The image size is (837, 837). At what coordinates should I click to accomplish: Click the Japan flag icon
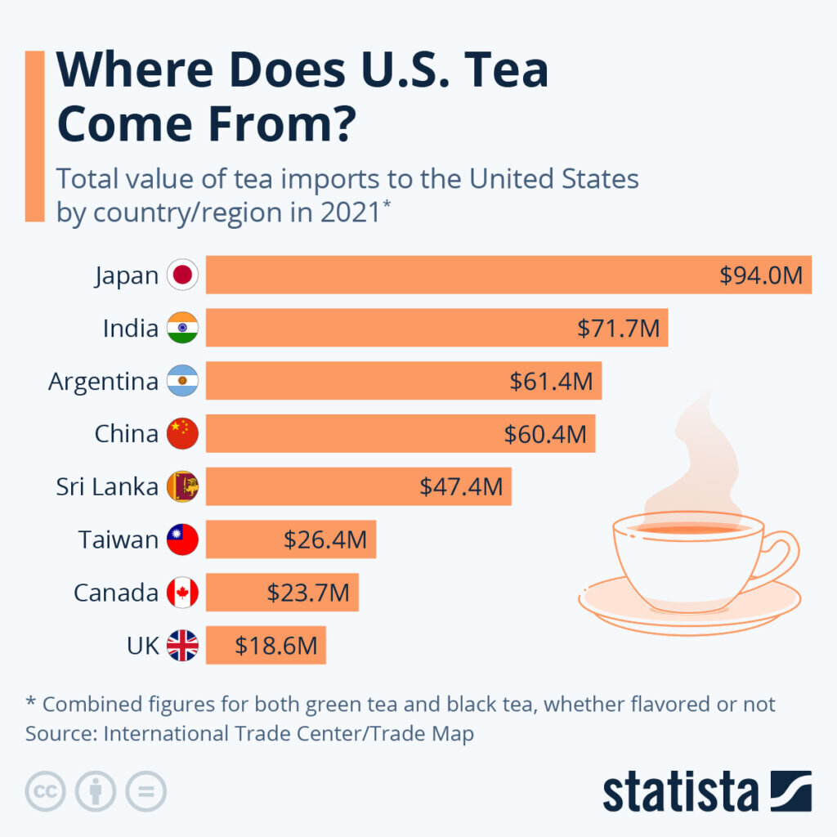pos(182,275)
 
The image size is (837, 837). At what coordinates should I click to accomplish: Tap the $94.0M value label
pos(762,275)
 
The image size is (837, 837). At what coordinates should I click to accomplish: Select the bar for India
pos(436,328)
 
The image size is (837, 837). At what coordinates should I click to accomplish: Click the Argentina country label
pos(103,381)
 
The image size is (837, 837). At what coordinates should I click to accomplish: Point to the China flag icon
pos(182,434)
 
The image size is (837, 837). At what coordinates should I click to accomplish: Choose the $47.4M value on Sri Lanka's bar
pos(461,486)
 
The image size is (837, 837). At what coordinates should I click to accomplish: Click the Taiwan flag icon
pos(182,539)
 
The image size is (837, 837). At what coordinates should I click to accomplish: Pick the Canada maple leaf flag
pos(182,593)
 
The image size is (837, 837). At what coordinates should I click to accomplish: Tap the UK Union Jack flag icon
pos(182,645)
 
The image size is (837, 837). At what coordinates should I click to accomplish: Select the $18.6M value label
pos(276,645)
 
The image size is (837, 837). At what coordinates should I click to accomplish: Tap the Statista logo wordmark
pos(681,792)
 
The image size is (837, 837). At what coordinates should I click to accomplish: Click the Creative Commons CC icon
pos(46,791)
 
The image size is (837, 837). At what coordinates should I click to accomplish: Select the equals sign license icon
pos(145,791)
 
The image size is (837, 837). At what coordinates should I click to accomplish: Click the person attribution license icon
pos(96,791)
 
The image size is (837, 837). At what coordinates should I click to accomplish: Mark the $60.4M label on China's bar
pos(545,434)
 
